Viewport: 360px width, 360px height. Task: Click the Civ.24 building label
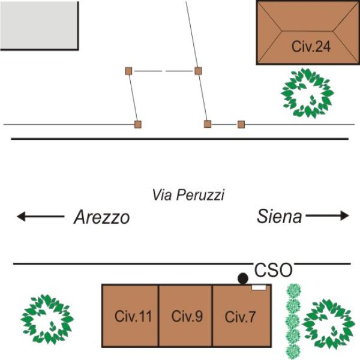coord(311,47)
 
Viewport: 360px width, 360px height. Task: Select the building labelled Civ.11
coord(130,316)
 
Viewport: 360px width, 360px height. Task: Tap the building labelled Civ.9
coord(185,316)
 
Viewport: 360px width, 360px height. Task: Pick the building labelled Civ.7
coord(241,317)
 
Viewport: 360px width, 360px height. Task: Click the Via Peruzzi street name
coord(188,195)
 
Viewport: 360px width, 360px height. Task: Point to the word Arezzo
coord(101,217)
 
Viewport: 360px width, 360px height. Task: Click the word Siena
coord(280,216)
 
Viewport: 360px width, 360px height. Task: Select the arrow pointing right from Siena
coord(328,215)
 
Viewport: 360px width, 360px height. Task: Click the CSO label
coord(274,269)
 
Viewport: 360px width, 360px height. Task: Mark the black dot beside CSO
coord(242,278)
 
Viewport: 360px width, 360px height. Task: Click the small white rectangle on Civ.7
coord(259,288)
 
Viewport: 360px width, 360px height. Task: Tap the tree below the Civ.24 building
coord(307,92)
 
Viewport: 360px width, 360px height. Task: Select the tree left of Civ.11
coord(47,319)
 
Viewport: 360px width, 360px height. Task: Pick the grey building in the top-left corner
coord(39,25)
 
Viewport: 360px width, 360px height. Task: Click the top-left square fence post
coord(128,71)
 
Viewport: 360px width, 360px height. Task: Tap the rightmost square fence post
coord(241,124)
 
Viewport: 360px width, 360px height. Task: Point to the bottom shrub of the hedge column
coord(292,350)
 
